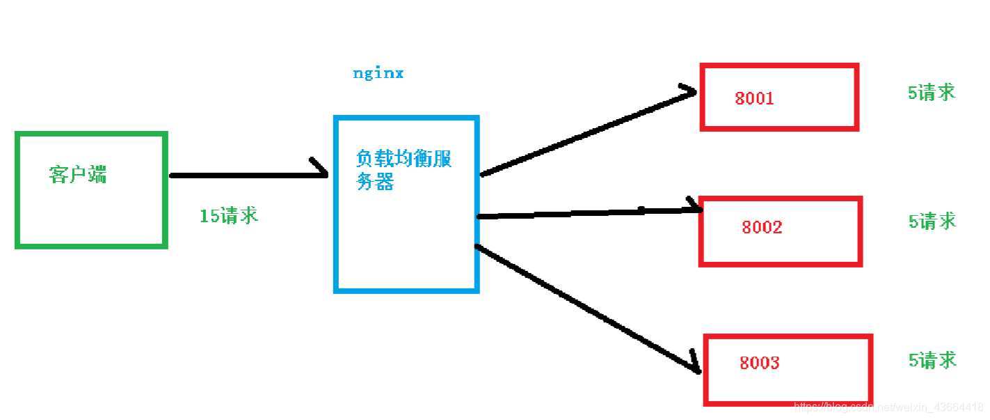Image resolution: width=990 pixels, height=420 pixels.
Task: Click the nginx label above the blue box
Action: point(378,73)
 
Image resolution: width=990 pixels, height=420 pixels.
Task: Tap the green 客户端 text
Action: point(78,174)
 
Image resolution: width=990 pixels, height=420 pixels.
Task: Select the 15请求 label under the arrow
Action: point(229,216)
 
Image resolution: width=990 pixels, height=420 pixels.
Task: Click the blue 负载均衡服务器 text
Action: point(404,170)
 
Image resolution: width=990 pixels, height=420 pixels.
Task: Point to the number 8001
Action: point(754,98)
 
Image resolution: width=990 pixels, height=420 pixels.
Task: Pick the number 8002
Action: point(762,227)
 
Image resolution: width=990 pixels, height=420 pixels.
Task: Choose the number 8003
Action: point(759,363)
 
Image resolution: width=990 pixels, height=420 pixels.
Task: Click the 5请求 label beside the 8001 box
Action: point(932,93)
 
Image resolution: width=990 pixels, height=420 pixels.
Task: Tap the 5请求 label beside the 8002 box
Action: point(932,221)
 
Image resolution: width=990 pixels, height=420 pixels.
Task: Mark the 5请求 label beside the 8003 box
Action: point(932,360)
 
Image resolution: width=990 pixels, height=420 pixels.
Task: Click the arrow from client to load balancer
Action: point(243,176)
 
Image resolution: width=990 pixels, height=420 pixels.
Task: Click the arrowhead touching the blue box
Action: point(320,169)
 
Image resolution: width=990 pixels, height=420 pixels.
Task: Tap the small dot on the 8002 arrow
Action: point(641,208)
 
